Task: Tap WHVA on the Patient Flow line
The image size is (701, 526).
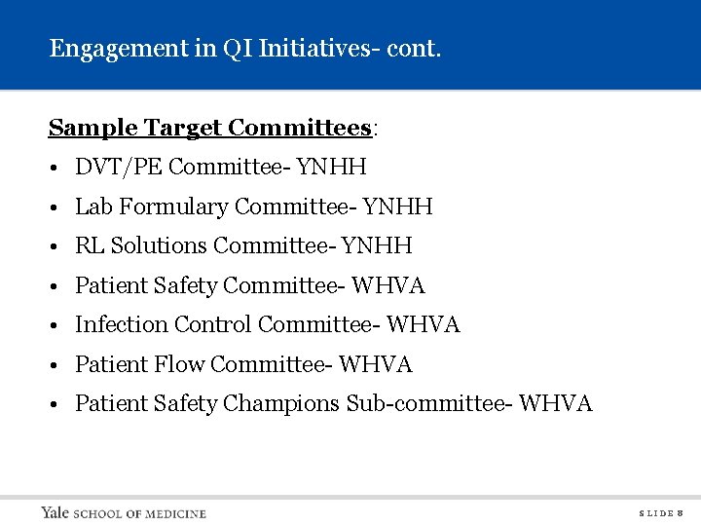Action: pos(376,364)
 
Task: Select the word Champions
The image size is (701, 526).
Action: pos(281,403)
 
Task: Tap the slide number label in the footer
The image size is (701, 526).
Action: pos(660,512)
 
